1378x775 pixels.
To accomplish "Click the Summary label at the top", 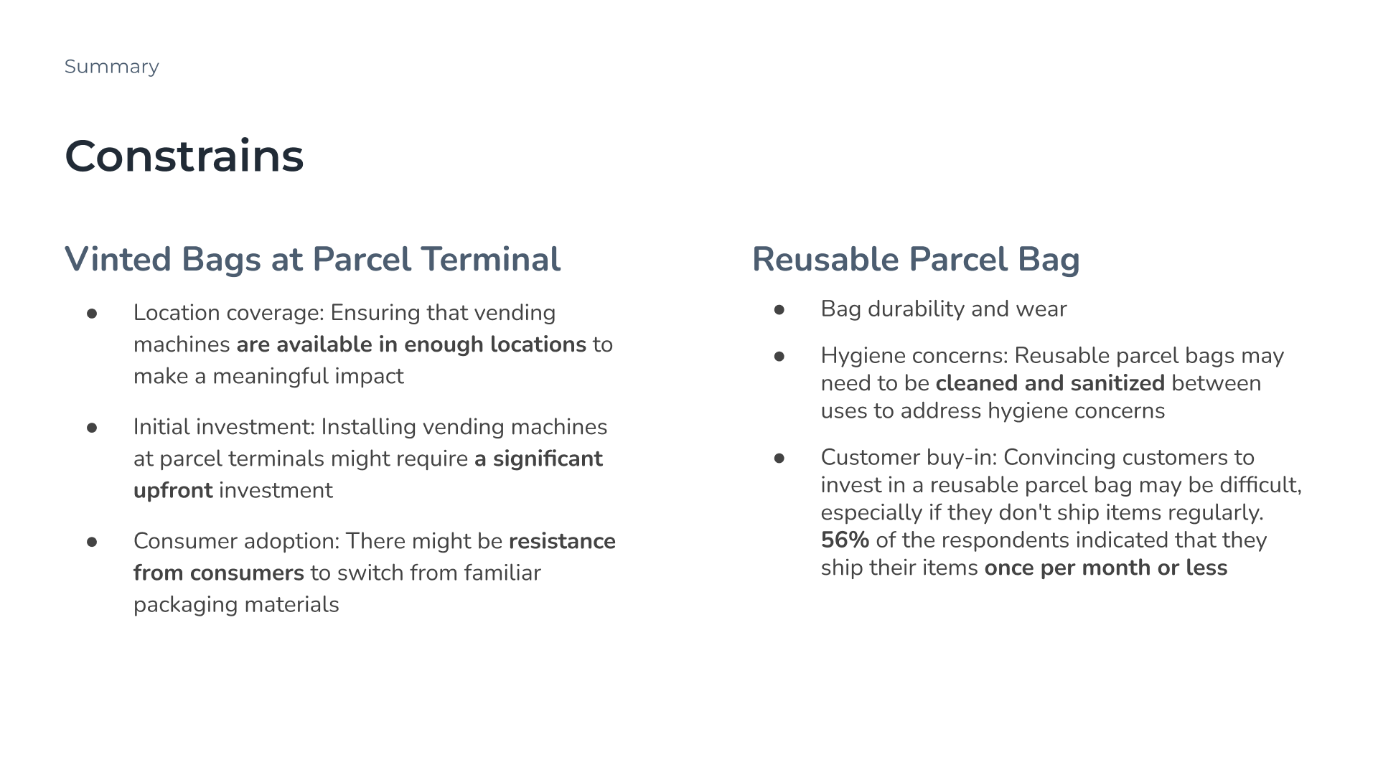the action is click(x=111, y=67).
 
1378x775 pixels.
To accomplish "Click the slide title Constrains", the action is click(x=184, y=156).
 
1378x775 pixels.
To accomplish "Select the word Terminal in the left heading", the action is click(x=490, y=259).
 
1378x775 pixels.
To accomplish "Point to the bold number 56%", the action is click(x=845, y=540).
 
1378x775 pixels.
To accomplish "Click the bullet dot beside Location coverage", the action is click(x=92, y=314).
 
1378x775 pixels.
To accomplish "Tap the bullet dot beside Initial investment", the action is click(x=92, y=428).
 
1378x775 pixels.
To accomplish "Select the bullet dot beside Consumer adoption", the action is click(x=92, y=542).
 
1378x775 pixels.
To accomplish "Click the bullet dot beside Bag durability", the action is click(x=779, y=310).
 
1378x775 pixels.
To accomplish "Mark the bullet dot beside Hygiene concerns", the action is click(x=779, y=357).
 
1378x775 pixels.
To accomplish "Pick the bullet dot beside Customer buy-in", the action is click(x=779, y=459).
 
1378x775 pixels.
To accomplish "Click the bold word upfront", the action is click(x=173, y=491).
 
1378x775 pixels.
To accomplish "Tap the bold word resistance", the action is click(x=562, y=541).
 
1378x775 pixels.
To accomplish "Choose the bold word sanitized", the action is click(x=1117, y=383).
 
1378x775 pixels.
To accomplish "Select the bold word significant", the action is click(x=548, y=459).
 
